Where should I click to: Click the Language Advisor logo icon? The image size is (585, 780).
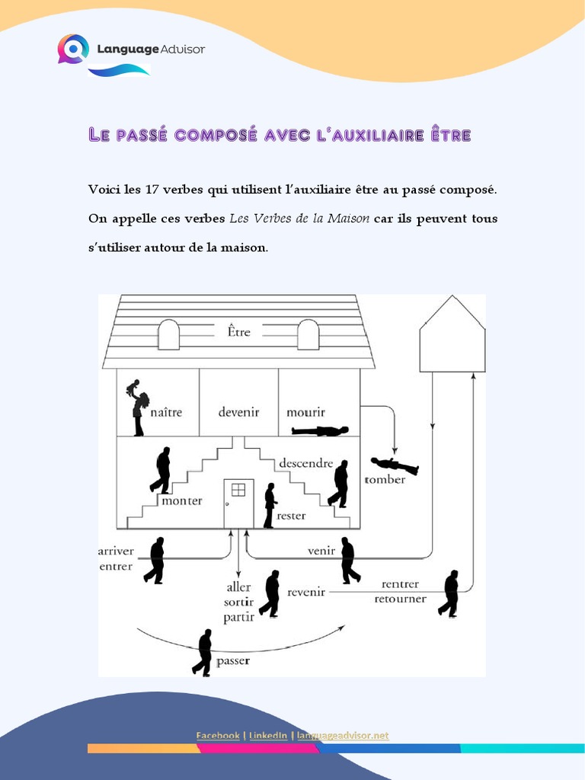click(73, 49)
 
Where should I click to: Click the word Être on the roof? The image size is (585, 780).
click(238, 331)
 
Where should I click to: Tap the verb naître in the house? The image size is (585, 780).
click(166, 411)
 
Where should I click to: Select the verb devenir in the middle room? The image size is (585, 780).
click(238, 411)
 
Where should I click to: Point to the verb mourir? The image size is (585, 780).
click(305, 412)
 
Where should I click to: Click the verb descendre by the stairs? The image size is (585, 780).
click(305, 462)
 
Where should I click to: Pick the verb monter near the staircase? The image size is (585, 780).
click(182, 500)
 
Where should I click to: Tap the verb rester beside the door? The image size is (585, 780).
click(291, 516)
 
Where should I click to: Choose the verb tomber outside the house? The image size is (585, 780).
click(385, 480)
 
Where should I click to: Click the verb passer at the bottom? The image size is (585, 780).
click(233, 661)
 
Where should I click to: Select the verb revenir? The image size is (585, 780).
click(306, 592)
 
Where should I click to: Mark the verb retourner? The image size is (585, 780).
click(401, 598)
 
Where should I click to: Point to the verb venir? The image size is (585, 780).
click(321, 550)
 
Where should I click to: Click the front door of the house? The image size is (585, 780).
click(238, 503)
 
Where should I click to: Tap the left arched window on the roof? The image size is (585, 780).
click(168, 334)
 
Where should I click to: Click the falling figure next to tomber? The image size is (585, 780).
click(395, 465)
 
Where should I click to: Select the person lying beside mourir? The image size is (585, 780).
click(320, 431)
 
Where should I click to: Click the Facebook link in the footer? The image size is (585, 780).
click(218, 735)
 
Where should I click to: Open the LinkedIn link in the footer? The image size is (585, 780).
click(268, 735)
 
